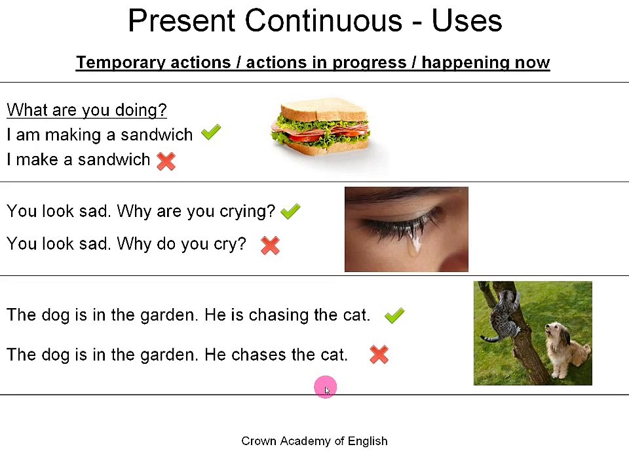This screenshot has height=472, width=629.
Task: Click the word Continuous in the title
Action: [323, 21]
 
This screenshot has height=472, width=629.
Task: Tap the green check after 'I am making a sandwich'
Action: [211, 133]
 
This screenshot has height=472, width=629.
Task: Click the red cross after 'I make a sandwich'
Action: [166, 161]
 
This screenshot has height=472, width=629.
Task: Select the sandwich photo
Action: [321, 128]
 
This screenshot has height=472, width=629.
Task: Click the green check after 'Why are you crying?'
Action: [290, 211]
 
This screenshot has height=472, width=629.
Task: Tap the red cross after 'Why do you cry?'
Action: [270, 245]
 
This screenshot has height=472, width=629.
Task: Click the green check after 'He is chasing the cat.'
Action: [394, 316]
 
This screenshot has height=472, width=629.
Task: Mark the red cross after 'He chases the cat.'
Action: [379, 355]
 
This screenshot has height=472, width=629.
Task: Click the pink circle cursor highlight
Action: [326, 388]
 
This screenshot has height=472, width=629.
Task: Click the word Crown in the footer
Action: [259, 441]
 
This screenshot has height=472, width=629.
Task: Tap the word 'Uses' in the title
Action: [467, 21]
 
